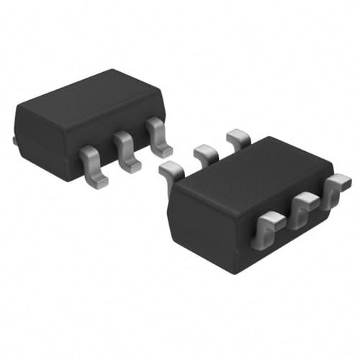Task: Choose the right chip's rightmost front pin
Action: (333, 190)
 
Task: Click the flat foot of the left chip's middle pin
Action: (130, 166)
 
